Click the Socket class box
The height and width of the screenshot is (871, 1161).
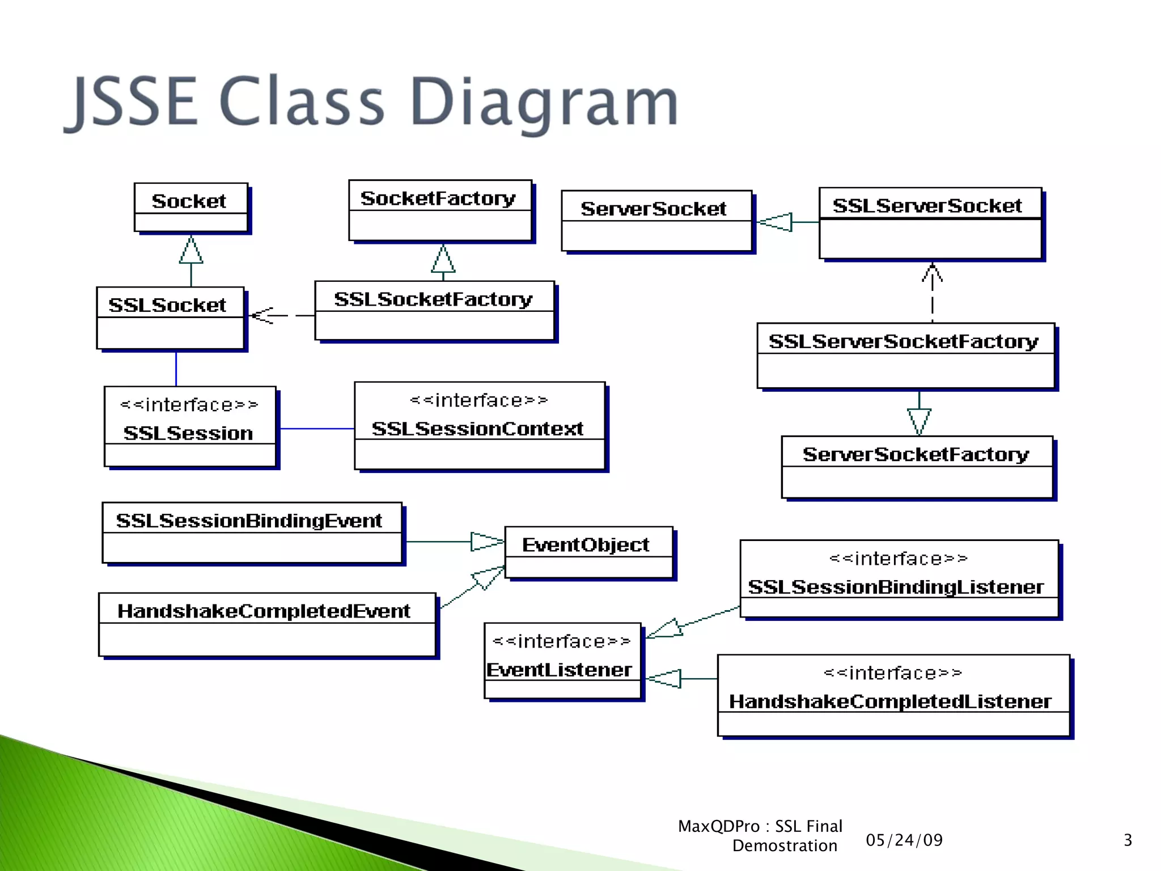[190, 208]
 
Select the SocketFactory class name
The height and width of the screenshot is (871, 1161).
[438, 198]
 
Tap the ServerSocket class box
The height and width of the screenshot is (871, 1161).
[656, 221]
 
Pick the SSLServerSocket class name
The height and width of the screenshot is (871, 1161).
[927, 205]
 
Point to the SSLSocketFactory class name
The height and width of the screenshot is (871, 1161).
[433, 299]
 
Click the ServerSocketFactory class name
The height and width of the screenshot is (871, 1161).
[916, 454]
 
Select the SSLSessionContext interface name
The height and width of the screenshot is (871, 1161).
[477, 429]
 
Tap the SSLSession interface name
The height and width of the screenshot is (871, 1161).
[188, 433]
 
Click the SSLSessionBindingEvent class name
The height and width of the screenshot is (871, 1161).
[249, 521]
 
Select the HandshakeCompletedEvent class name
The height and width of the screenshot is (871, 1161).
[264, 611]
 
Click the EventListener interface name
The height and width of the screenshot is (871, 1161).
[560, 670]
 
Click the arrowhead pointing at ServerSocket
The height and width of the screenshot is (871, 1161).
[774, 222]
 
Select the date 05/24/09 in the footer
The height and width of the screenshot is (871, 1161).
[904, 840]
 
